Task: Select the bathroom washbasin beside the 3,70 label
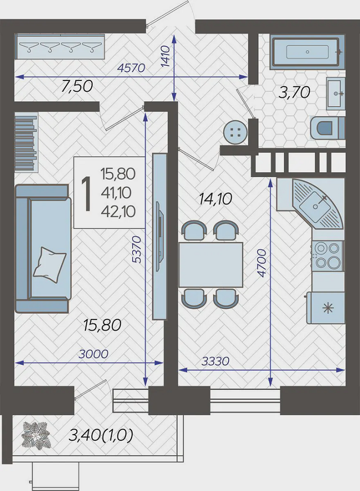pos(336,93)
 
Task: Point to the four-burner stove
pos(328,255)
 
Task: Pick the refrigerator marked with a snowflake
pos(326,308)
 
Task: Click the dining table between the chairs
pos(211,264)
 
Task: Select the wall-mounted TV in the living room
pos(160,236)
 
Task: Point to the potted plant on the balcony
pos(35,435)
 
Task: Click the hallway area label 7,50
pos(77,87)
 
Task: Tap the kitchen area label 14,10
pos(215,199)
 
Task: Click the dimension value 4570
pos(131,67)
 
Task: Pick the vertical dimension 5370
pos(137,249)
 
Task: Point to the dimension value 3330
pos(215,362)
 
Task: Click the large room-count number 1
pos(85,193)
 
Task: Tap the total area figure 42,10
pos(118,211)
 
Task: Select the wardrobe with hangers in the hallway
pos(60,47)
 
